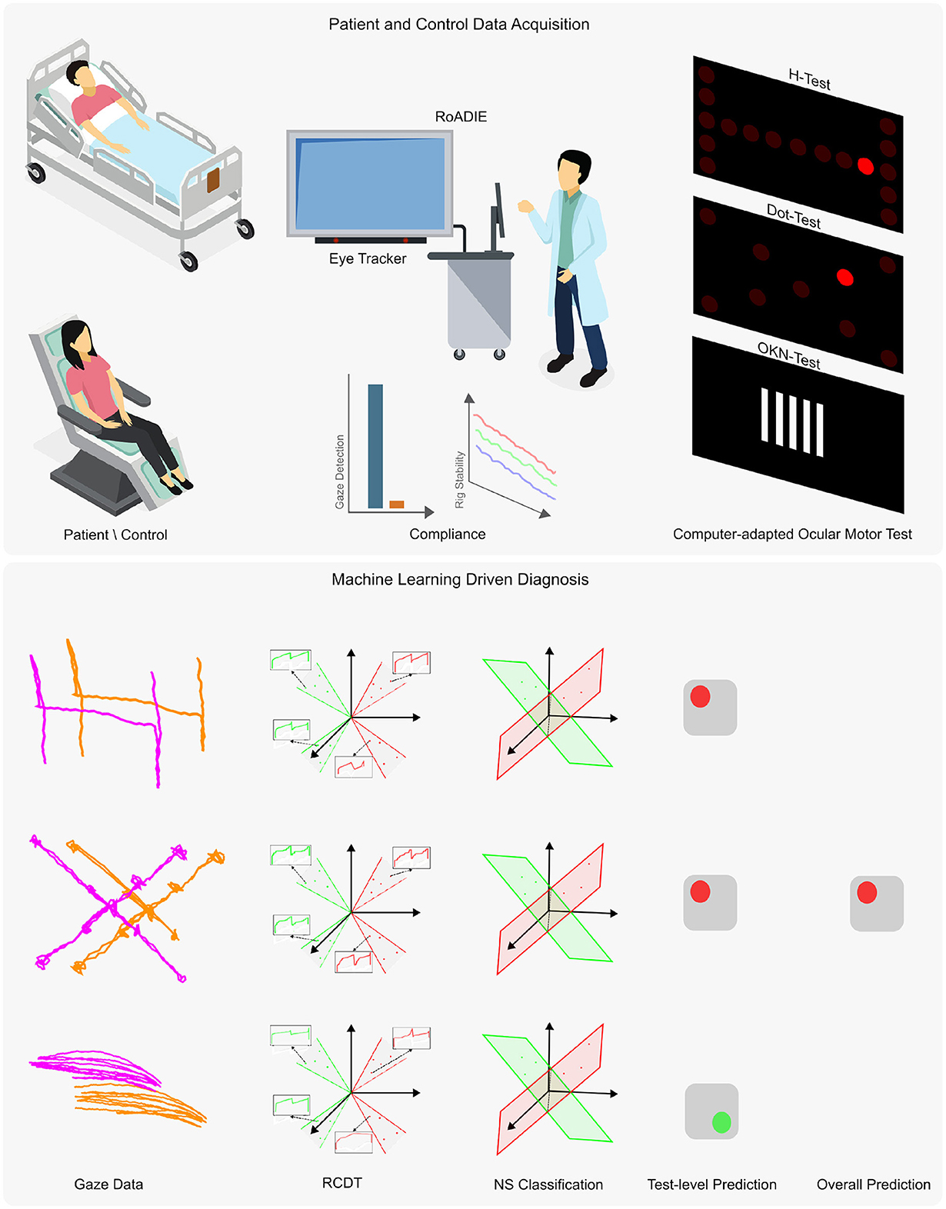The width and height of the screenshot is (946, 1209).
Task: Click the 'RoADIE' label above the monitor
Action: pyautogui.click(x=461, y=117)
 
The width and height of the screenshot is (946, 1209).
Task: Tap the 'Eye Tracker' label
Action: pyautogui.click(x=368, y=259)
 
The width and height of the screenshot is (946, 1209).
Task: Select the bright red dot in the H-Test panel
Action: pyautogui.click(x=865, y=166)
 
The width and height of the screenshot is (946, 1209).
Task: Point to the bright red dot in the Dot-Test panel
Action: pyautogui.click(x=844, y=277)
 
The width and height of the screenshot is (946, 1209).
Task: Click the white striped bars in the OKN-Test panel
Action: pyautogui.click(x=792, y=422)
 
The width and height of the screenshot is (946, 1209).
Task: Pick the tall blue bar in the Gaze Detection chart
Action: pyautogui.click(x=375, y=446)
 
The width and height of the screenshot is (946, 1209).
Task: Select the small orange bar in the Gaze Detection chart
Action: pyautogui.click(x=396, y=505)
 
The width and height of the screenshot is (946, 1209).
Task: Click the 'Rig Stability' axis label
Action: pyautogui.click(x=460, y=479)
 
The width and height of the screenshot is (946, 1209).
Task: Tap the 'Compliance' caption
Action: pyautogui.click(x=447, y=534)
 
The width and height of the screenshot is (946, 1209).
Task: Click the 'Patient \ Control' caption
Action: pyautogui.click(x=115, y=535)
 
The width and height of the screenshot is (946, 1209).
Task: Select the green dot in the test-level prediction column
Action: pyautogui.click(x=721, y=1122)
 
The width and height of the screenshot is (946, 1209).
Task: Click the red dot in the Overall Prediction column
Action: pyautogui.click(x=867, y=892)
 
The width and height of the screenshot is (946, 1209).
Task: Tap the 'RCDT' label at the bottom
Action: pyautogui.click(x=341, y=1183)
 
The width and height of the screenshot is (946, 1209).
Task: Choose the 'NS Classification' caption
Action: pyautogui.click(x=548, y=1184)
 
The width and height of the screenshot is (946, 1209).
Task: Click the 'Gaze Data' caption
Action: pyautogui.click(x=108, y=1184)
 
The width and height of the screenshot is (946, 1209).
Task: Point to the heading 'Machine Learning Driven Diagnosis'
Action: pyautogui.click(x=460, y=579)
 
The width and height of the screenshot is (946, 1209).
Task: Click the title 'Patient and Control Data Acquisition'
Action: pyautogui.click(x=458, y=25)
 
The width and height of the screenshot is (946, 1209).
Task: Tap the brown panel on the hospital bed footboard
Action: pyautogui.click(x=213, y=180)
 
